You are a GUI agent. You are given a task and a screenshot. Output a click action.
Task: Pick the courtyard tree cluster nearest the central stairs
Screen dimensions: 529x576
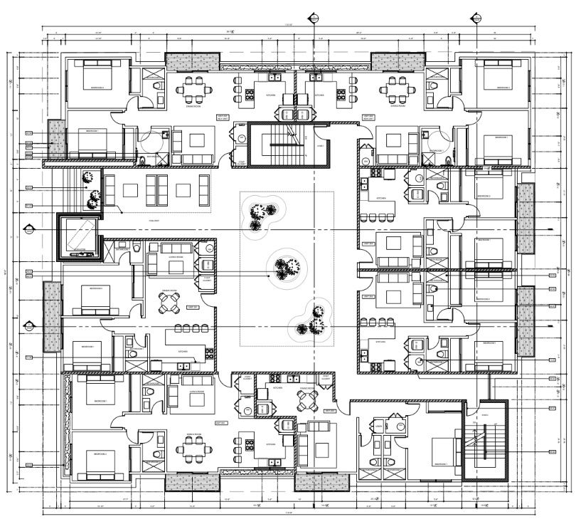(261, 216)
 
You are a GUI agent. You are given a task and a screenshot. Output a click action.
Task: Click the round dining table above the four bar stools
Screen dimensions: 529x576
(170, 304)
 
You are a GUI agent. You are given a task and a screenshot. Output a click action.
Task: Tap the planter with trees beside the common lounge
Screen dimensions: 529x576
(90, 191)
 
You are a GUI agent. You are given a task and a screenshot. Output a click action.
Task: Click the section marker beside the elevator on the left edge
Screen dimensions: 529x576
(29, 229)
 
